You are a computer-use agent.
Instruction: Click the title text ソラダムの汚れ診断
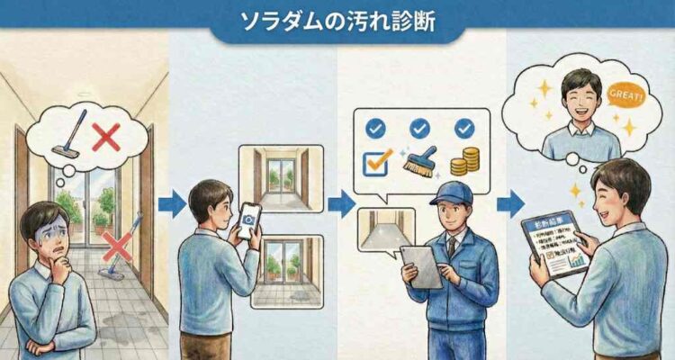point(337,22)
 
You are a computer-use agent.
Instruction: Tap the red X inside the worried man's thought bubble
point(106,138)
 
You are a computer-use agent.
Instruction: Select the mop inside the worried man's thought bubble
point(72,135)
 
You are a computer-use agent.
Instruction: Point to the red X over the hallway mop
point(117,245)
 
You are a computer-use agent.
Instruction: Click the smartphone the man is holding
point(248,220)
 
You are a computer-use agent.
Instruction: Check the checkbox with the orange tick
point(374,163)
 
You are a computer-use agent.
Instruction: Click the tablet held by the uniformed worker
point(422,266)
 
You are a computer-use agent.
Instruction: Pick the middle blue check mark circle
point(418,129)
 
